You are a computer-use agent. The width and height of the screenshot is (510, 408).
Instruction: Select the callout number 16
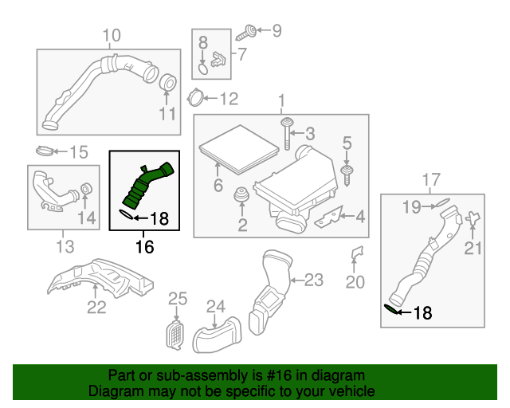pyautogui.click(x=143, y=247)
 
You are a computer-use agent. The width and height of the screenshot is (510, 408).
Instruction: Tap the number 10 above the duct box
pyautogui.click(x=111, y=35)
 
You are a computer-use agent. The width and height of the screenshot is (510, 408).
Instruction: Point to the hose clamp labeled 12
pyautogui.click(x=193, y=99)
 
